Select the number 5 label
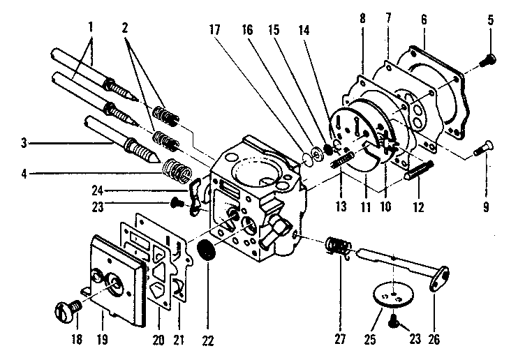(x=490, y=20)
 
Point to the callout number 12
(x=417, y=207)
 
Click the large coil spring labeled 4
(x=177, y=170)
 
